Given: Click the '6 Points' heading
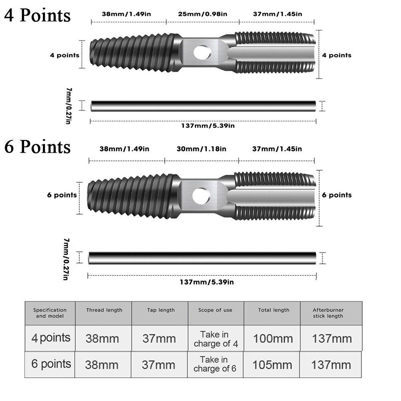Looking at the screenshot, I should point(37,147).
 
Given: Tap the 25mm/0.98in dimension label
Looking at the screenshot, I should point(203,14).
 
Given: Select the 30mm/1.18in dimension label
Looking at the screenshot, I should point(201,149).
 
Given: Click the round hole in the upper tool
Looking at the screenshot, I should point(202,53).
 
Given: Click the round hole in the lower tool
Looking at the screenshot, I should point(201,196).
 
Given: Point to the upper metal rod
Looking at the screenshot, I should point(203,106).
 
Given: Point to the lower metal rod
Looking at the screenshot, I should point(202,258).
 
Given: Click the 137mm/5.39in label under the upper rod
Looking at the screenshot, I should point(208,126).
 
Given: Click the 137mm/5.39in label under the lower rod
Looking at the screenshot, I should point(207,282).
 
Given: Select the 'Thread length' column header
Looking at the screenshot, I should point(104,310).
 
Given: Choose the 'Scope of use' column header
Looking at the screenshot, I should point(215,310).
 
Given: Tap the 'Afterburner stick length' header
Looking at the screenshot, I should point(328,313).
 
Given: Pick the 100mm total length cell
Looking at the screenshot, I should point(273,339).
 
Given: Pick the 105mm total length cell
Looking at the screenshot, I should point(273,365).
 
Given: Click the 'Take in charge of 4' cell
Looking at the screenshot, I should point(216,339).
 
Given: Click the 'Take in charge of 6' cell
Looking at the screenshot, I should point(215,364).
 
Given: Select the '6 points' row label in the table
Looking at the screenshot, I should point(51,364).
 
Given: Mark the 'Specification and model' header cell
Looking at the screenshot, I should point(50,313).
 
